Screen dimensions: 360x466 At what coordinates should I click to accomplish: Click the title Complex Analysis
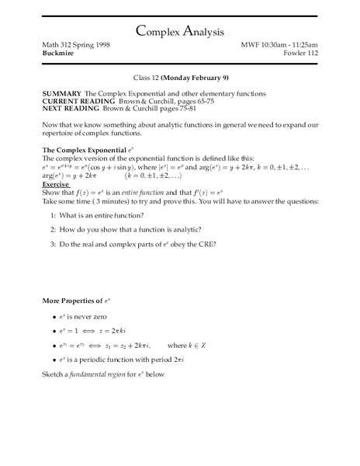coord(179,31)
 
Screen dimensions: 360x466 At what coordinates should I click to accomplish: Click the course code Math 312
coord(59,47)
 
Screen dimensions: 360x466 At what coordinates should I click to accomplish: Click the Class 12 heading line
coord(180,78)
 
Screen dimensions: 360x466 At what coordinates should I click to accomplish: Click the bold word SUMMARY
coord(62,93)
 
